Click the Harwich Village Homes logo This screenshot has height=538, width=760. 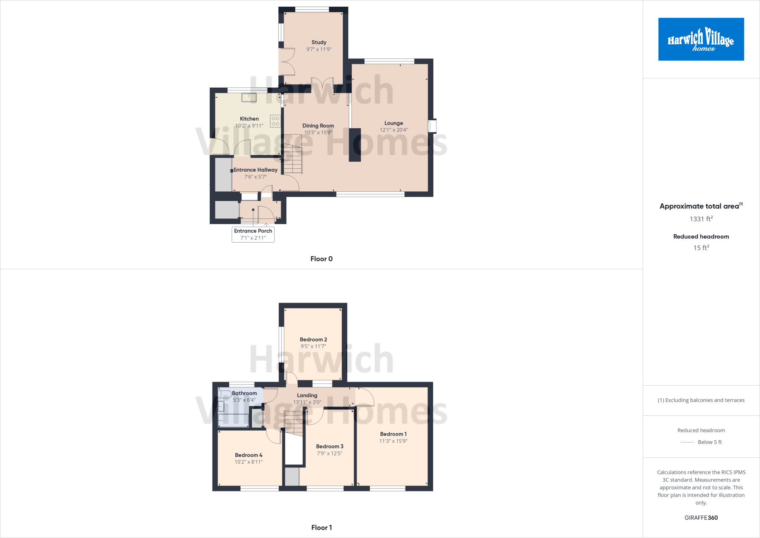tap(701, 39)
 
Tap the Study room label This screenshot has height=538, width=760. tap(319, 42)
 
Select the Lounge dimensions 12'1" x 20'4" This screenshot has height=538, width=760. tap(393, 130)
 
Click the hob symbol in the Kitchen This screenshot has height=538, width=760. tap(275, 121)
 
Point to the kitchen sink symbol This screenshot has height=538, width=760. tap(249, 97)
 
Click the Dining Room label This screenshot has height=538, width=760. tap(318, 126)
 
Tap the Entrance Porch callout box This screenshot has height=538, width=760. tap(253, 234)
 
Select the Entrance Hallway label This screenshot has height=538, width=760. tap(255, 170)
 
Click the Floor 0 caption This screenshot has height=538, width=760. tap(321, 259)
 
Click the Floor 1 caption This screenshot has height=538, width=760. tap(321, 528)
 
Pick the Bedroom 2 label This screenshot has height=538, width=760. tap(313, 340)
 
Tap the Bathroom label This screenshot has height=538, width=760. tap(244, 393)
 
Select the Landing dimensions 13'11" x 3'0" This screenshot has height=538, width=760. tap(307, 402)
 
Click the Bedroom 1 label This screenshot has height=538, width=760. tap(393, 434)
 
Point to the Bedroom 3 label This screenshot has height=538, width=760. tap(330, 446)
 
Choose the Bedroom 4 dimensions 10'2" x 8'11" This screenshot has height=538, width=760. tap(249, 462)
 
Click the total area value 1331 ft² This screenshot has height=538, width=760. tap(701, 219)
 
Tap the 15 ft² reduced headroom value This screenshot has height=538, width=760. tap(701, 248)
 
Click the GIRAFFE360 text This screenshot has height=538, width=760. tap(701, 518)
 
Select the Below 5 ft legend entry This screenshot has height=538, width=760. tap(709, 442)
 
